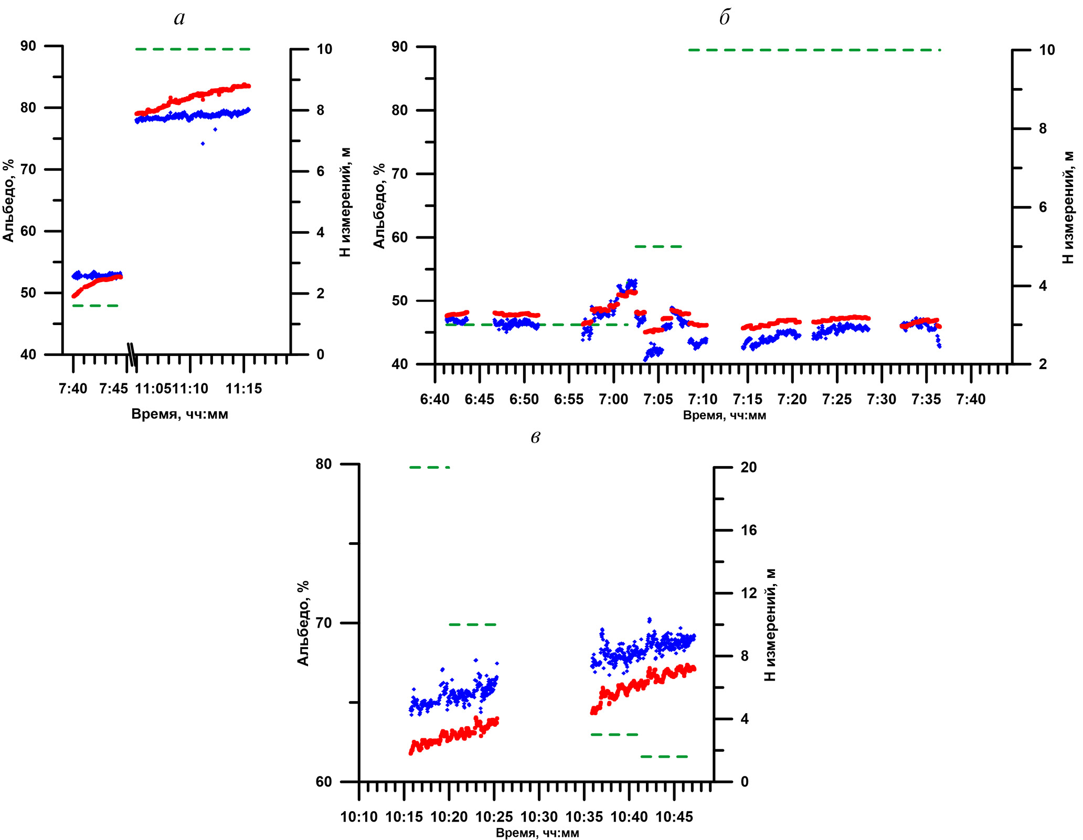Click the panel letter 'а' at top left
click(x=179, y=19)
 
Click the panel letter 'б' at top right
click(x=724, y=19)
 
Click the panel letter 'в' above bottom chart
click(x=535, y=437)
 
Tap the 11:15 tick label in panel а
click(x=243, y=389)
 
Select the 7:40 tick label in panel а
click(x=73, y=389)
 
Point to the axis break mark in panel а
click(x=133, y=354)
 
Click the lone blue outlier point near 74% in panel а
click(x=203, y=143)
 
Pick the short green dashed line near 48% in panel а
click(x=96, y=306)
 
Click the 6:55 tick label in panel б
click(x=569, y=400)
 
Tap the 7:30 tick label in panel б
click(x=882, y=400)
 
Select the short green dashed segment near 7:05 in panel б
click(x=658, y=246)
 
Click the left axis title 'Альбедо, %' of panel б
click(x=379, y=206)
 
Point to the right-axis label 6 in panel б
click(x=1043, y=208)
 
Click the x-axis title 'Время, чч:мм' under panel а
click(x=179, y=414)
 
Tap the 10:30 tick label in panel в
click(x=539, y=817)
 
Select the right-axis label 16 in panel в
click(x=749, y=530)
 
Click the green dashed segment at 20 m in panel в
click(x=430, y=467)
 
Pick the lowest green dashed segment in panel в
click(x=664, y=757)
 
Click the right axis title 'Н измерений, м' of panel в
click(x=770, y=624)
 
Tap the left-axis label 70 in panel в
click(x=324, y=623)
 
